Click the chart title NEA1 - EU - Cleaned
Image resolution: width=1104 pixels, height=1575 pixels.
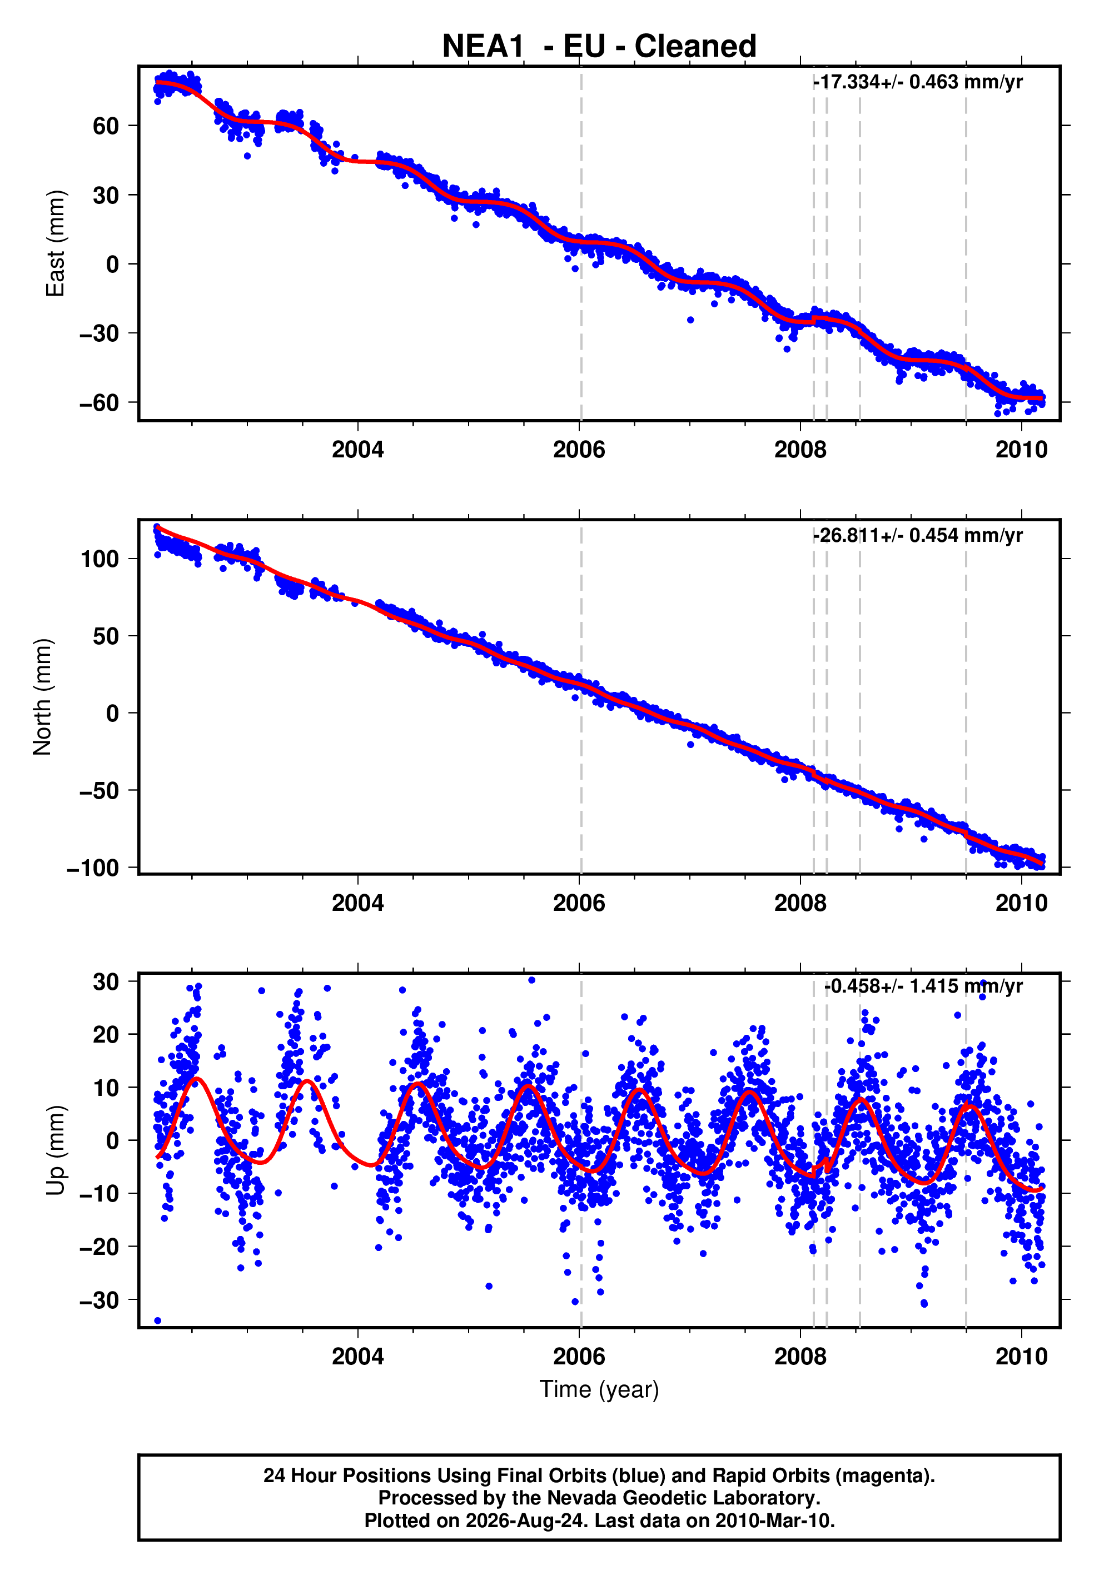click(599, 46)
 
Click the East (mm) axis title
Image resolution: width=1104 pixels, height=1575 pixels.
click(55, 243)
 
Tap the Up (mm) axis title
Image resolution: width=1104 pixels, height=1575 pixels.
click(56, 1150)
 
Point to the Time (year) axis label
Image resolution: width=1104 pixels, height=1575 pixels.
click(599, 1389)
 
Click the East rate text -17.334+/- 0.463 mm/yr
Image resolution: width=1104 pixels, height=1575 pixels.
click(918, 82)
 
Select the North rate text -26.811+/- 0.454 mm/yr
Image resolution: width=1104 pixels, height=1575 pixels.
click(918, 535)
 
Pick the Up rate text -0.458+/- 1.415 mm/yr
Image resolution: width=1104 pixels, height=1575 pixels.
click(923, 986)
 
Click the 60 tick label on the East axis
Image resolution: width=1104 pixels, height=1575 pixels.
click(106, 126)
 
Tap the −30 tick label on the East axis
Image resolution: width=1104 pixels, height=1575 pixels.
click(99, 333)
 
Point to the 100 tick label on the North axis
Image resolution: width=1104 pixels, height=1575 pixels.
click(100, 559)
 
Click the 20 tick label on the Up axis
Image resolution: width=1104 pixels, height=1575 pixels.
click(106, 1034)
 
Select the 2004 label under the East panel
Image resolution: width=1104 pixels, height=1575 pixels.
click(357, 450)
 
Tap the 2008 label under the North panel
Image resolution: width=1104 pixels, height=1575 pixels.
click(800, 904)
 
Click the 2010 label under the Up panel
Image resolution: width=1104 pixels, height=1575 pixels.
click(1022, 1356)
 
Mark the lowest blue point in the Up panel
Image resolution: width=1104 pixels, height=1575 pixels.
click(158, 1320)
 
